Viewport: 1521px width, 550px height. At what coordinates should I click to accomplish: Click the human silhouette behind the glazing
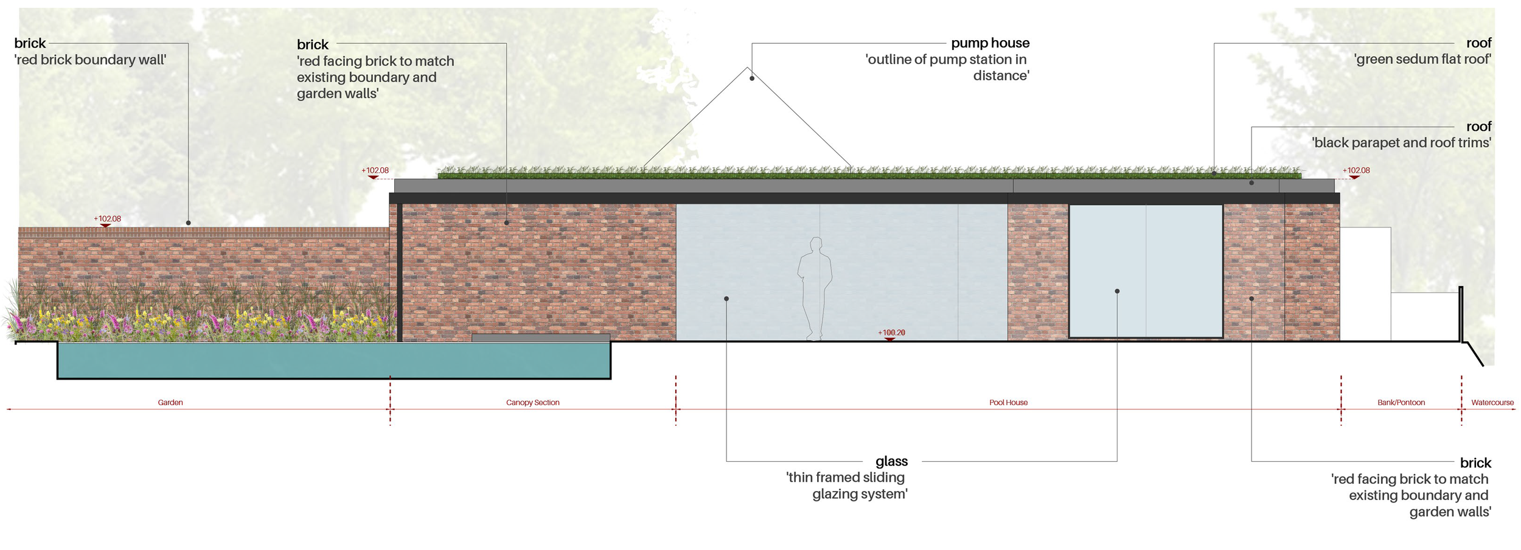(815, 289)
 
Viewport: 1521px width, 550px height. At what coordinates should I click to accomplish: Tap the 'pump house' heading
(990, 43)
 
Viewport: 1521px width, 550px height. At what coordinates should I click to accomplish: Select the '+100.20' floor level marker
(891, 333)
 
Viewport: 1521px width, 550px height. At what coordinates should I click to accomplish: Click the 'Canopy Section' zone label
(532, 403)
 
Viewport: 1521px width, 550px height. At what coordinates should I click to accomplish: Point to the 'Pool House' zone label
(1008, 403)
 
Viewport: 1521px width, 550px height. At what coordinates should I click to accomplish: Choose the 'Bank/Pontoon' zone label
(1401, 403)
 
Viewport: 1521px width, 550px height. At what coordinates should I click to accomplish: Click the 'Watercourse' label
(1492, 403)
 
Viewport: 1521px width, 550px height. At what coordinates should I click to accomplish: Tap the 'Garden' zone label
(170, 403)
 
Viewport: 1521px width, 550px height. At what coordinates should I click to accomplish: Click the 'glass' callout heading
(891, 461)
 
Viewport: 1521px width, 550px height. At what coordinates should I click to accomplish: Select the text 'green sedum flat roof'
(1422, 60)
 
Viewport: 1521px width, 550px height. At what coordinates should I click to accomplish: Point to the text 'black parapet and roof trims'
(1401, 143)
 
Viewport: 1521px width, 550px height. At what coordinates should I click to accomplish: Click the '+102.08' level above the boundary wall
(107, 219)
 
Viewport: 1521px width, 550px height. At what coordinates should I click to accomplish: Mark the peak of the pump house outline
(747, 68)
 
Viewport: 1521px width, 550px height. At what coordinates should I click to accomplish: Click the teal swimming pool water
(333, 360)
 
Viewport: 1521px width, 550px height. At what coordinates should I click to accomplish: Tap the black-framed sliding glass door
(1146, 271)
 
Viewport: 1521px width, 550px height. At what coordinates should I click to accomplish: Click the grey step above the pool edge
(540, 338)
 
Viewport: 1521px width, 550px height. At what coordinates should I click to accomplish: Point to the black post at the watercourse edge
(1461, 314)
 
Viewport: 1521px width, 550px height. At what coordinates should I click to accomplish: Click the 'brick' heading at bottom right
(1475, 463)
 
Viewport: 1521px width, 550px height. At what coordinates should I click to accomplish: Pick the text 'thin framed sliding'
(845, 478)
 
